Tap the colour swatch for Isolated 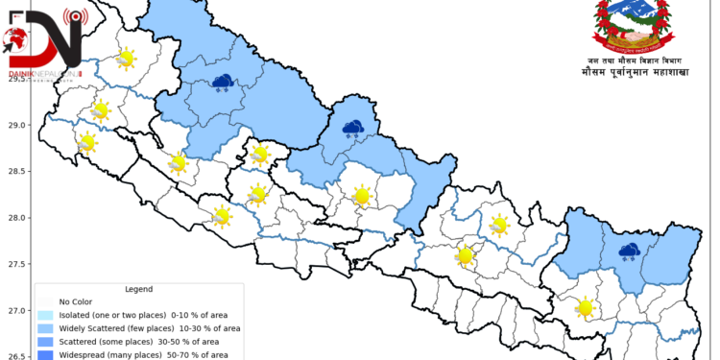tap(45, 315)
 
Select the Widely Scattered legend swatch tap(45, 328)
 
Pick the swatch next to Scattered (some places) tap(45, 342)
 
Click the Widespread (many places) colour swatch tap(45, 355)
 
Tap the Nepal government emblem tap(631, 26)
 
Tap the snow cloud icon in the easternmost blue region tap(630, 252)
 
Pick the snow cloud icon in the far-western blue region tap(224, 83)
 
